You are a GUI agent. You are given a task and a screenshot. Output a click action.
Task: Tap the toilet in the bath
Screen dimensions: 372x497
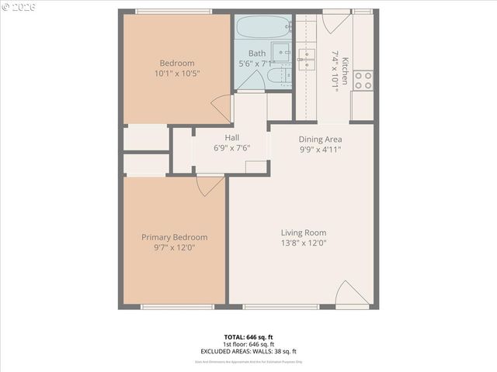(x=283, y=76)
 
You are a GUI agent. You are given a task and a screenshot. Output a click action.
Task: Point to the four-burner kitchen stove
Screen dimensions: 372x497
(x=363, y=80)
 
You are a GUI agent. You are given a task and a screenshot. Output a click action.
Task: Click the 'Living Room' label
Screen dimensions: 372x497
(x=303, y=232)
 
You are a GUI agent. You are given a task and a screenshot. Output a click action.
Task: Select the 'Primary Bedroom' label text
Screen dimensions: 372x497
(x=174, y=237)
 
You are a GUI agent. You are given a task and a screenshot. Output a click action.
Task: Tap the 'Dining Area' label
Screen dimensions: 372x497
(x=321, y=139)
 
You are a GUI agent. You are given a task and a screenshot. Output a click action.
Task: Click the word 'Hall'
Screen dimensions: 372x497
(x=231, y=138)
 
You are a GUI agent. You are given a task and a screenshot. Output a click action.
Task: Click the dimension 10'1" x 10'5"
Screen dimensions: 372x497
(x=177, y=74)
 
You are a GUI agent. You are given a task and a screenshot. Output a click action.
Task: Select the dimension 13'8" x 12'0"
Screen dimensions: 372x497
(x=303, y=243)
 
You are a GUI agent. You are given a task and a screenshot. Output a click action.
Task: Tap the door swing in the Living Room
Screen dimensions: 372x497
(x=352, y=294)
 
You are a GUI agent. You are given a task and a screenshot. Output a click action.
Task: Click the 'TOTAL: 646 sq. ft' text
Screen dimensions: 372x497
(x=248, y=337)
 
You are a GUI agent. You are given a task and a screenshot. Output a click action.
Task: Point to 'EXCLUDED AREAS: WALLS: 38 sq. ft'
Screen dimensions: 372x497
(x=248, y=351)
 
